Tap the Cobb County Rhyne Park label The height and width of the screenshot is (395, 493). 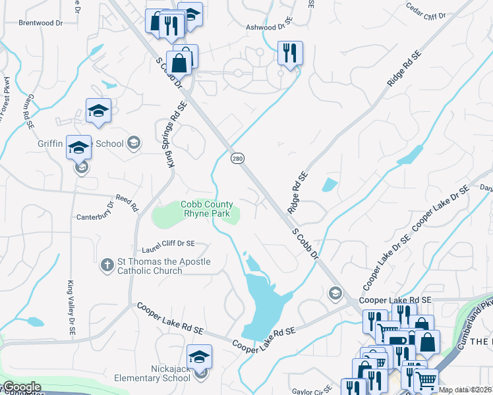click(x=207, y=209)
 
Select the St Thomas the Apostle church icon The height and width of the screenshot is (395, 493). click(x=107, y=266)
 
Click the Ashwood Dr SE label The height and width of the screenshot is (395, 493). click(x=268, y=26)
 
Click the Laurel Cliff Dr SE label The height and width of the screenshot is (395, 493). click(x=168, y=246)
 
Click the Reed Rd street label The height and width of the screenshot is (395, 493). click(x=127, y=201)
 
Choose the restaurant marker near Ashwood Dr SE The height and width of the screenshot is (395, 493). click(x=290, y=53)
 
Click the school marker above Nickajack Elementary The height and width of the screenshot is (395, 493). click(x=199, y=357)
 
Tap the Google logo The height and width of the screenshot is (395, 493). click(x=22, y=387)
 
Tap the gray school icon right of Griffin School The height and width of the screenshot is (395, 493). click(x=134, y=142)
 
